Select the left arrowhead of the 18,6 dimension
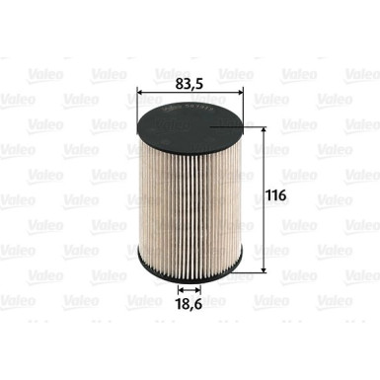pyautogui.click(x=179, y=290)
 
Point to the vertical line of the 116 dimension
pyautogui.click(x=266, y=197)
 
